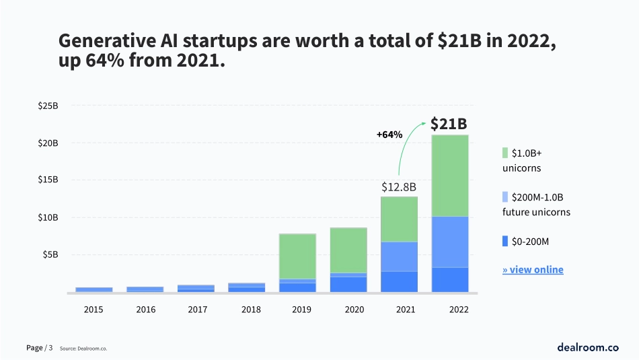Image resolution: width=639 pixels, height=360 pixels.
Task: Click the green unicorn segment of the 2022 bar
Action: click(x=450, y=176)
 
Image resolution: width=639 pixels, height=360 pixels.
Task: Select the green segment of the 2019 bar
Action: click(x=297, y=256)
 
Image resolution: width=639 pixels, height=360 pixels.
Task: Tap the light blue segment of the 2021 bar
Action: click(x=399, y=256)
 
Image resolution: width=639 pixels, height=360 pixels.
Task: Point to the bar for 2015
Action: click(x=94, y=289)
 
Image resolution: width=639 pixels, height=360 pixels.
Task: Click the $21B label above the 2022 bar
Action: click(x=449, y=124)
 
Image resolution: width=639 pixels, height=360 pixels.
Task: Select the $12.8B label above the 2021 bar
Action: click(x=399, y=186)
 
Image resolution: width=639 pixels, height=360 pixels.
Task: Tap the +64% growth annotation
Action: click(x=389, y=135)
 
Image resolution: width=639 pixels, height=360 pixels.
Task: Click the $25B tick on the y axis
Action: click(x=49, y=106)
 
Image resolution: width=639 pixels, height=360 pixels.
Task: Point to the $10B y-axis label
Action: click(x=49, y=217)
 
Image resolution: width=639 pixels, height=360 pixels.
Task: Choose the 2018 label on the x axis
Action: click(x=251, y=310)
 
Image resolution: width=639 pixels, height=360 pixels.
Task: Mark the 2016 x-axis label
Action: click(x=146, y=310)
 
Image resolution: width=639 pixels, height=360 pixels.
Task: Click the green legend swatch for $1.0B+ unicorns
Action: click(x=505, y=152)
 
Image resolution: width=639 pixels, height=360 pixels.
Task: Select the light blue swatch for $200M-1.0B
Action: click(x=505, y=197)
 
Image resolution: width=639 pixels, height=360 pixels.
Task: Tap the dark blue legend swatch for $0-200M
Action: click(x=505, y=241)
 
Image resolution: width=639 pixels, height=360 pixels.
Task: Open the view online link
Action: click(x=533, y=270)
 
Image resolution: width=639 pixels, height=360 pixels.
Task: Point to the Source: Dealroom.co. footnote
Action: click(x=83, y=349)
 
